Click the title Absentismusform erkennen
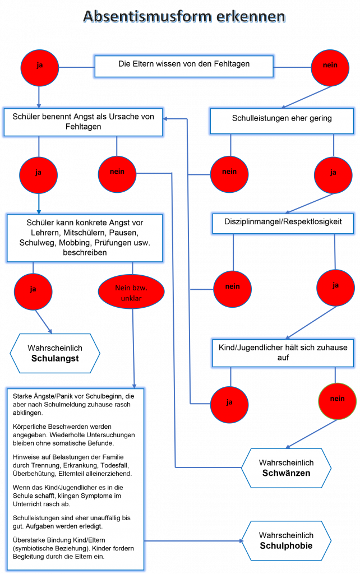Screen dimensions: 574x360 point(184,16)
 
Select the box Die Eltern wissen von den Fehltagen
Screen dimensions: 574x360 point(184,65)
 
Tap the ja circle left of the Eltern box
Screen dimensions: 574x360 point(39,66)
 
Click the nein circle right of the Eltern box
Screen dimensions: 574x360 point(330,66)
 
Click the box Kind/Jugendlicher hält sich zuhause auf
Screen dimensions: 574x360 point(283,353)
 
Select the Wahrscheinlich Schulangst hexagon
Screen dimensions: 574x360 point(55,353)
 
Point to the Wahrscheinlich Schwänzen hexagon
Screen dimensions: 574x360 point(286,467)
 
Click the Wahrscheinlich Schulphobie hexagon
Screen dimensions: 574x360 point(286,540)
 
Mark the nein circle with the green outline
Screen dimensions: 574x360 point(337,399)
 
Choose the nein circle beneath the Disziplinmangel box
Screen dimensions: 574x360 point(232,287)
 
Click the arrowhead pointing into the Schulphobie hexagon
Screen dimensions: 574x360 point(242,541)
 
